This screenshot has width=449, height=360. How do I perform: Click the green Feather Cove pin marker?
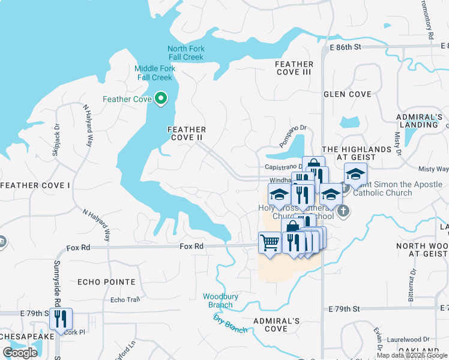point(161,98)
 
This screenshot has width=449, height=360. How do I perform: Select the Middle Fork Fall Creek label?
point(155,73)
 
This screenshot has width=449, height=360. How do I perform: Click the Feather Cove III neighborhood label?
point(294,68)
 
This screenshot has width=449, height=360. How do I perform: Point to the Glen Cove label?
point(348,94)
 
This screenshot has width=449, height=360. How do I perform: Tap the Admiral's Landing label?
point(420,121)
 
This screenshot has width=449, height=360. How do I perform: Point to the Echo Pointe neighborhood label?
point(106,281)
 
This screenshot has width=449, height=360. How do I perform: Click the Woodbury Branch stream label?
point(217,301)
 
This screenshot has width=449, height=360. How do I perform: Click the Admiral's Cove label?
point(276,325)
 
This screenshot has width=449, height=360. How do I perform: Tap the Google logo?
point(20,353)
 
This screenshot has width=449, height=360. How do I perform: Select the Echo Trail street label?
point(125,300)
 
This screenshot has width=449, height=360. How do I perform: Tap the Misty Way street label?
point(433,170)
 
